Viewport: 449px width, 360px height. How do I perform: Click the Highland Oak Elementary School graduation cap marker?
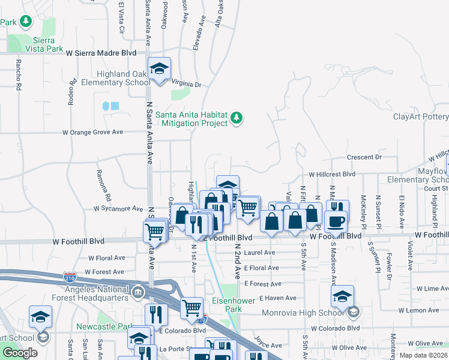pos(159,68)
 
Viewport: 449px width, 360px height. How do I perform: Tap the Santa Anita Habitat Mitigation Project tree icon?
pos(237,118)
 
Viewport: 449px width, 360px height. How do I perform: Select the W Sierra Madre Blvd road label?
pos(101,53)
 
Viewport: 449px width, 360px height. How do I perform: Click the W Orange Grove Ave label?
pos(92,132)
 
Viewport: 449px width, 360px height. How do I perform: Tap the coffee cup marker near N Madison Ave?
pos(336,220)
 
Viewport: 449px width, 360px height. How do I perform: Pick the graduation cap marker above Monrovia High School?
pos(342,296)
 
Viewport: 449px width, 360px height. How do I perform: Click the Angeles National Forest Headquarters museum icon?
pos(138,293)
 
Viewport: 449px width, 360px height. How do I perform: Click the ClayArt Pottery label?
pos(420,116)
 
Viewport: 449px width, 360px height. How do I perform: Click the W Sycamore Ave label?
pos(117,209)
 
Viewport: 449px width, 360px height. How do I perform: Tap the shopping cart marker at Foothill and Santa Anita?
pos(155,230)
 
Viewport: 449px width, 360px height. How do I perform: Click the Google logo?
pos(20,353)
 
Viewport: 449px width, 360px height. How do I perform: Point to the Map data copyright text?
pos(423,355)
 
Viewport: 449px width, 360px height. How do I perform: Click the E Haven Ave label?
pos(278,298)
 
